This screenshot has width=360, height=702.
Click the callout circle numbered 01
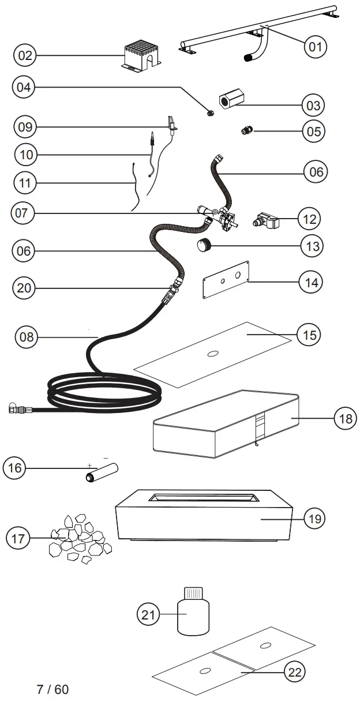[x=315, y=46]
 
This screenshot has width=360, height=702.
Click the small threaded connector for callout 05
[x=247, y=132]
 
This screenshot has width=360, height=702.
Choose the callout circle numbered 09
[x=25, y=126]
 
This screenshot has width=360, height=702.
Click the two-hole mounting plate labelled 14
[x=226, y=279]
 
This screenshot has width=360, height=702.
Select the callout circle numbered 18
[x=345, y=418]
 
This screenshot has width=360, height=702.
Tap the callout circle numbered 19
[x=314, y=519]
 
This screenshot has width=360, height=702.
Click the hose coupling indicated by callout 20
[x=172, y=288]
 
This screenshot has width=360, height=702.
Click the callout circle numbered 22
[x=294, y=671]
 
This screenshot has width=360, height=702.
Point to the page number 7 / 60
[x=52, y=689]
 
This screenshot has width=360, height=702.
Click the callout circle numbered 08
[x=26, y=336]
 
